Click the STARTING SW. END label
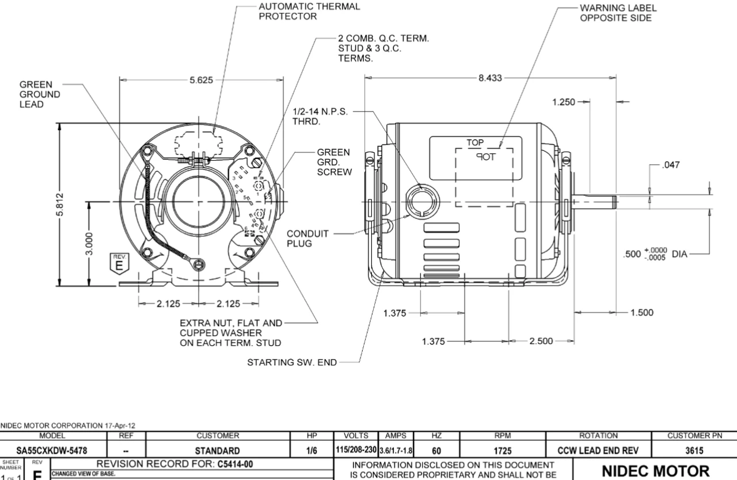(x=294, y=362)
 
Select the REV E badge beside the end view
(x=120, y=262)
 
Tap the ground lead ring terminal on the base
(x=199, y=264)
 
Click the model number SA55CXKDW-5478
(x=53, y=449)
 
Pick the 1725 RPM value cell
(x=503, y=449)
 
